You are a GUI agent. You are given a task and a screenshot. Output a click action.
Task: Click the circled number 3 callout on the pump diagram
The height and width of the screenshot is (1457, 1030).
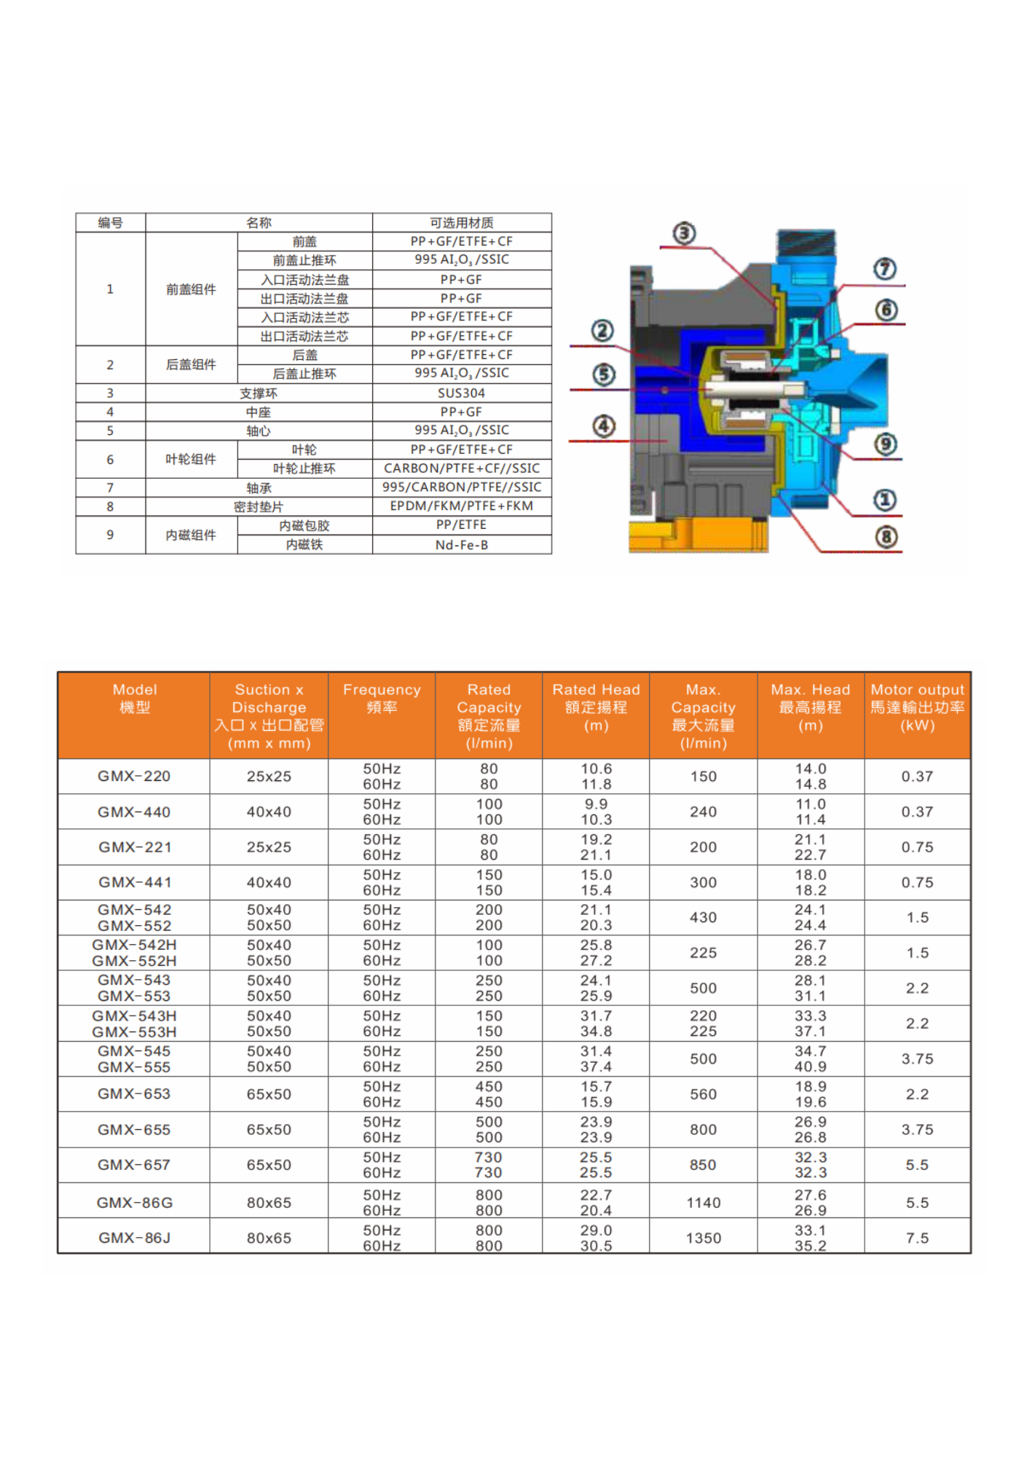[683, 233]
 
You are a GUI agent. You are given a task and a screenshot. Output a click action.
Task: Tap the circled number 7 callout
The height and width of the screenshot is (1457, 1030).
[884, 269]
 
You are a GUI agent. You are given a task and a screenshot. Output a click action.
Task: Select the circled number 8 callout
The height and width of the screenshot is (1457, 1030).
[886, 537]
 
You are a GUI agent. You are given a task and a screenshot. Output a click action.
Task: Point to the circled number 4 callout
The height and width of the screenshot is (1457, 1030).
[603, 426]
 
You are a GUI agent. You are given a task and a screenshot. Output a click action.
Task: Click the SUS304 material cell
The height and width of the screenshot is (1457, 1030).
[461, 393]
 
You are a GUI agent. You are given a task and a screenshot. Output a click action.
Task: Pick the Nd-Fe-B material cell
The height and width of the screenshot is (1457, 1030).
[461, 544]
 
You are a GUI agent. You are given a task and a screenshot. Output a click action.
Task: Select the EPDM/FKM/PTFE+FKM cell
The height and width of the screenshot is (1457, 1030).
[461, 506]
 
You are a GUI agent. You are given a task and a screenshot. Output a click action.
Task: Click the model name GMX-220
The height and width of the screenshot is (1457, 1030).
[134, 777]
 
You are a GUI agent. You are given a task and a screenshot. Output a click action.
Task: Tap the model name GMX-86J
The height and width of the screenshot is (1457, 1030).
[134, 1238]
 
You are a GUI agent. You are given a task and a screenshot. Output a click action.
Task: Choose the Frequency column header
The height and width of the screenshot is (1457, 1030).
[382, 698]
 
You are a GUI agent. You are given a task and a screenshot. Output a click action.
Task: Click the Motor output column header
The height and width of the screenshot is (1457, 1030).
[917, 707]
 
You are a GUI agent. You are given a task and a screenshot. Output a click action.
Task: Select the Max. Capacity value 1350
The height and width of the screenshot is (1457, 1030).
[703, 1238]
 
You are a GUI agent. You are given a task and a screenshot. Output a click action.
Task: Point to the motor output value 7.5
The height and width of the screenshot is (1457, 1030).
[917, 1238]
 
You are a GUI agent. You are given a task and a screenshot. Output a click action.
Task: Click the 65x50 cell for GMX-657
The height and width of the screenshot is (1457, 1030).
[269, 1165]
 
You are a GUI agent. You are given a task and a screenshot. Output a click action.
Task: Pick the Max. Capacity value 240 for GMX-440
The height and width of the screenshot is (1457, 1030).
[703, 812]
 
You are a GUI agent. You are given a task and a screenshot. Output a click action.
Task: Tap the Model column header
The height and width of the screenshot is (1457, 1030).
[135, 698]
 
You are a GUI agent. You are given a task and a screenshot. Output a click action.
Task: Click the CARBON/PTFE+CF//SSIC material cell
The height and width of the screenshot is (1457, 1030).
[461, 468]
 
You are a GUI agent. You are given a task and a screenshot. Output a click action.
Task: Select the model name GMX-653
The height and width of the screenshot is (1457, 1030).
[134, 1094]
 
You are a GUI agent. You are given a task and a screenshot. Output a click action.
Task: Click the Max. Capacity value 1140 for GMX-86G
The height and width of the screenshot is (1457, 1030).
[703, 1203]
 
